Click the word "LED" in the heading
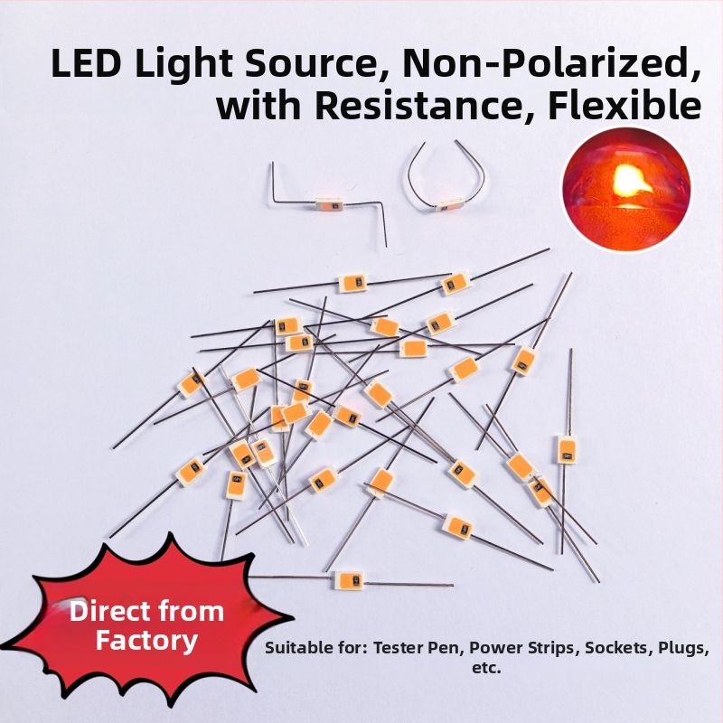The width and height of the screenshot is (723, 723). pos(85,62)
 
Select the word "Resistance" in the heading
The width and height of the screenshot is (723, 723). pos(413,106)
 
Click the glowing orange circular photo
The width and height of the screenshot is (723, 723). pos(626,189)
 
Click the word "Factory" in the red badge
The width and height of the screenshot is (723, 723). pos(146,642)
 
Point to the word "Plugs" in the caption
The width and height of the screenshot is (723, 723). pos(684,649)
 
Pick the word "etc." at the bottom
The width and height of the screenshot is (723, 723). pos(486,668)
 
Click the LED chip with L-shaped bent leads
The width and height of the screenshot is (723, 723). pos(328,203)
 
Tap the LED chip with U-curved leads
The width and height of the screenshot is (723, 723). pos(450,206)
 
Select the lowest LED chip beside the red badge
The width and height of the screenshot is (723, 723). pos(349,581)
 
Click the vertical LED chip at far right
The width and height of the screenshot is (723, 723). pos(567,449)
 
